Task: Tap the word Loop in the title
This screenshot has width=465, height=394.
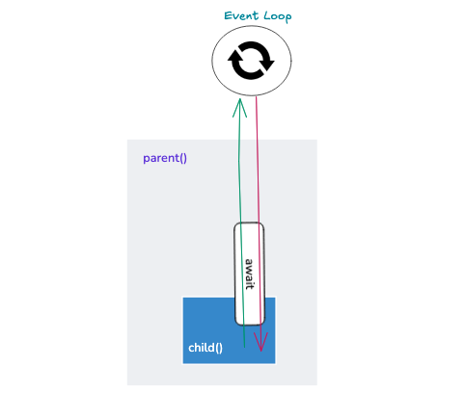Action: point(278,16)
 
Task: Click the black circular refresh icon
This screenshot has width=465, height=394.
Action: point(251,61)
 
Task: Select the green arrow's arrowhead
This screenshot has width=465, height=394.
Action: point(239,108)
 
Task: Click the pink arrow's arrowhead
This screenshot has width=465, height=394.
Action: point(260,342)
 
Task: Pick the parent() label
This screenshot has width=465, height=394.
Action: point(165,158)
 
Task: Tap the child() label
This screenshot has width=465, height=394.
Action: point(205,348)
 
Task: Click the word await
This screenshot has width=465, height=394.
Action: point(249,274)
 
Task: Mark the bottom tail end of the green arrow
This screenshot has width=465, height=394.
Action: point(244,348)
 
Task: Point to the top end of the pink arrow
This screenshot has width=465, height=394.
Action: point(256,96)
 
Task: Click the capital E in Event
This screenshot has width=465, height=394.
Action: point(228,15)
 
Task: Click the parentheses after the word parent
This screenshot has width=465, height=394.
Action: point(183,158)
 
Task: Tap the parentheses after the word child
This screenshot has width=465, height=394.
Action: point(219,348)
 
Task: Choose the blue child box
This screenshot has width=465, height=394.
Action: point(229,330)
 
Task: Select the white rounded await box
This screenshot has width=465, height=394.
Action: point(249,274)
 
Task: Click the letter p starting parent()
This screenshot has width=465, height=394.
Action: point(146,159)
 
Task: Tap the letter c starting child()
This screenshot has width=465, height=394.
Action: point(191,349)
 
